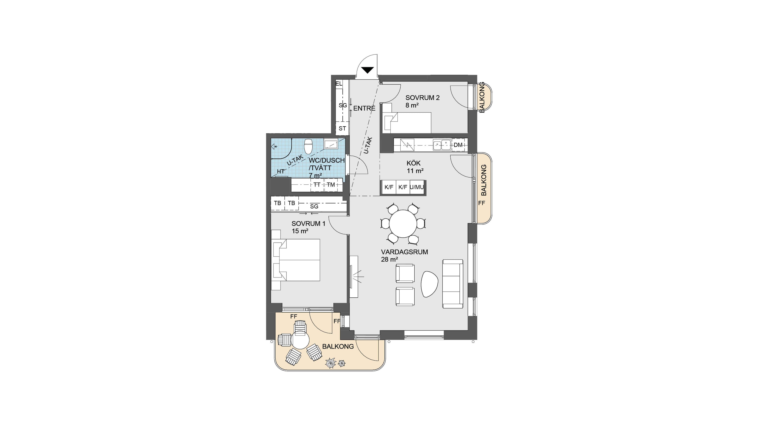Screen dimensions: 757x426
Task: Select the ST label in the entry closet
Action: coord(342,128)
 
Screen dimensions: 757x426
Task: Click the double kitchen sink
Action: coord(442,145)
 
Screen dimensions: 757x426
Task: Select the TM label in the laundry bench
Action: coord(331,185)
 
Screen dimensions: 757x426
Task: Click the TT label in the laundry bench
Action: coord(317,185)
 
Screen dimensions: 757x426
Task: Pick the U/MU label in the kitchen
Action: coord(417,187)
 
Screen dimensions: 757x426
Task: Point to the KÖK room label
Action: coord(413,163)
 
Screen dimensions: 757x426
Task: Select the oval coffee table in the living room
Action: coord(429,284)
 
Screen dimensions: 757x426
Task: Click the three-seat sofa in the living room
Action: coord(453,284)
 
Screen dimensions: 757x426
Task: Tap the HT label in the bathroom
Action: coord(281,171)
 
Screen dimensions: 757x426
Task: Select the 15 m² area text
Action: coord(300,231)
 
